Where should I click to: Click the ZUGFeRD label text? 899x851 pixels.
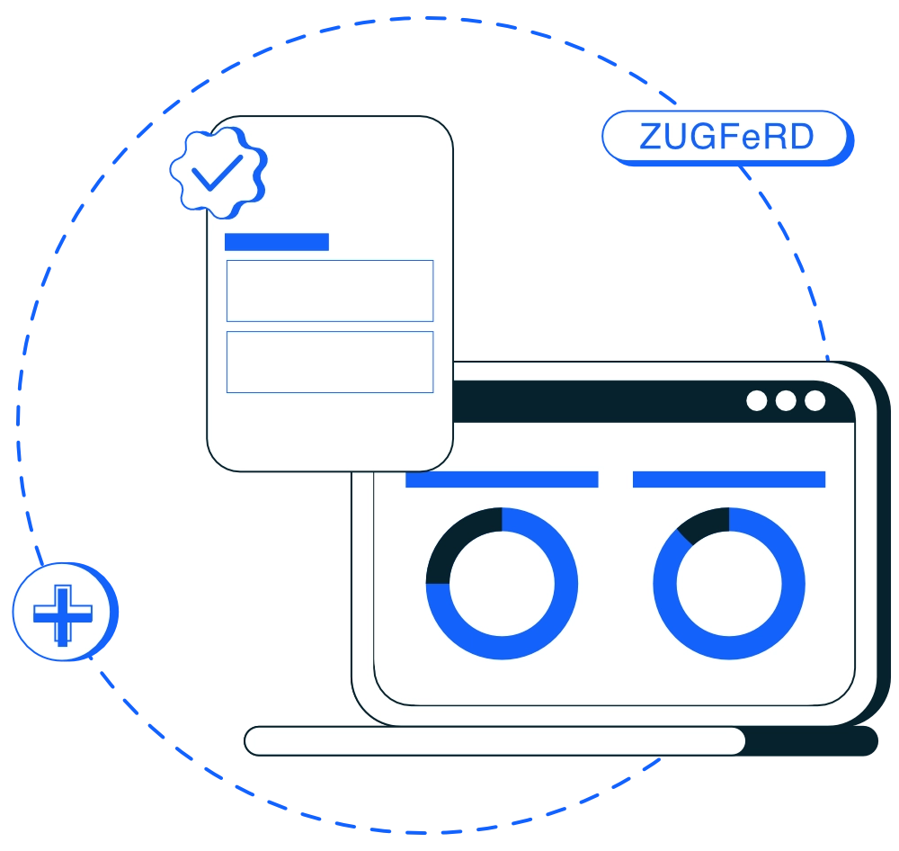(726, 137)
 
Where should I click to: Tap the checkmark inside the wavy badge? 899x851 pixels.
(217, 172)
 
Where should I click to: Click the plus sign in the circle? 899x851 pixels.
(63, 614)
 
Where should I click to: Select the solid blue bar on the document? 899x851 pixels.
(277, 242)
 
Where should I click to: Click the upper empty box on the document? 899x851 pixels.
(330, 291)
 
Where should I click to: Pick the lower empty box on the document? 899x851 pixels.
(330, 363)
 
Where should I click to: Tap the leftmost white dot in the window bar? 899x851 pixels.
(757, 400)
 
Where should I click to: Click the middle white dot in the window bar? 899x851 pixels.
(786, 400)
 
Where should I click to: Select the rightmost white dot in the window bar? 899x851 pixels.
(815, 400)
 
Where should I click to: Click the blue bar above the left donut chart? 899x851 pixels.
(502, 479)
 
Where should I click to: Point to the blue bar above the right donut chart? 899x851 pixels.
(729, 479)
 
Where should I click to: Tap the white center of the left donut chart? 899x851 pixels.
(502, 584)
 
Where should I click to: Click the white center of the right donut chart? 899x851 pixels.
(729, 584)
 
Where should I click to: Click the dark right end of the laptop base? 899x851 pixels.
(811, 741)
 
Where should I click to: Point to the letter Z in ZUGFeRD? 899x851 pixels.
(651, 137)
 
